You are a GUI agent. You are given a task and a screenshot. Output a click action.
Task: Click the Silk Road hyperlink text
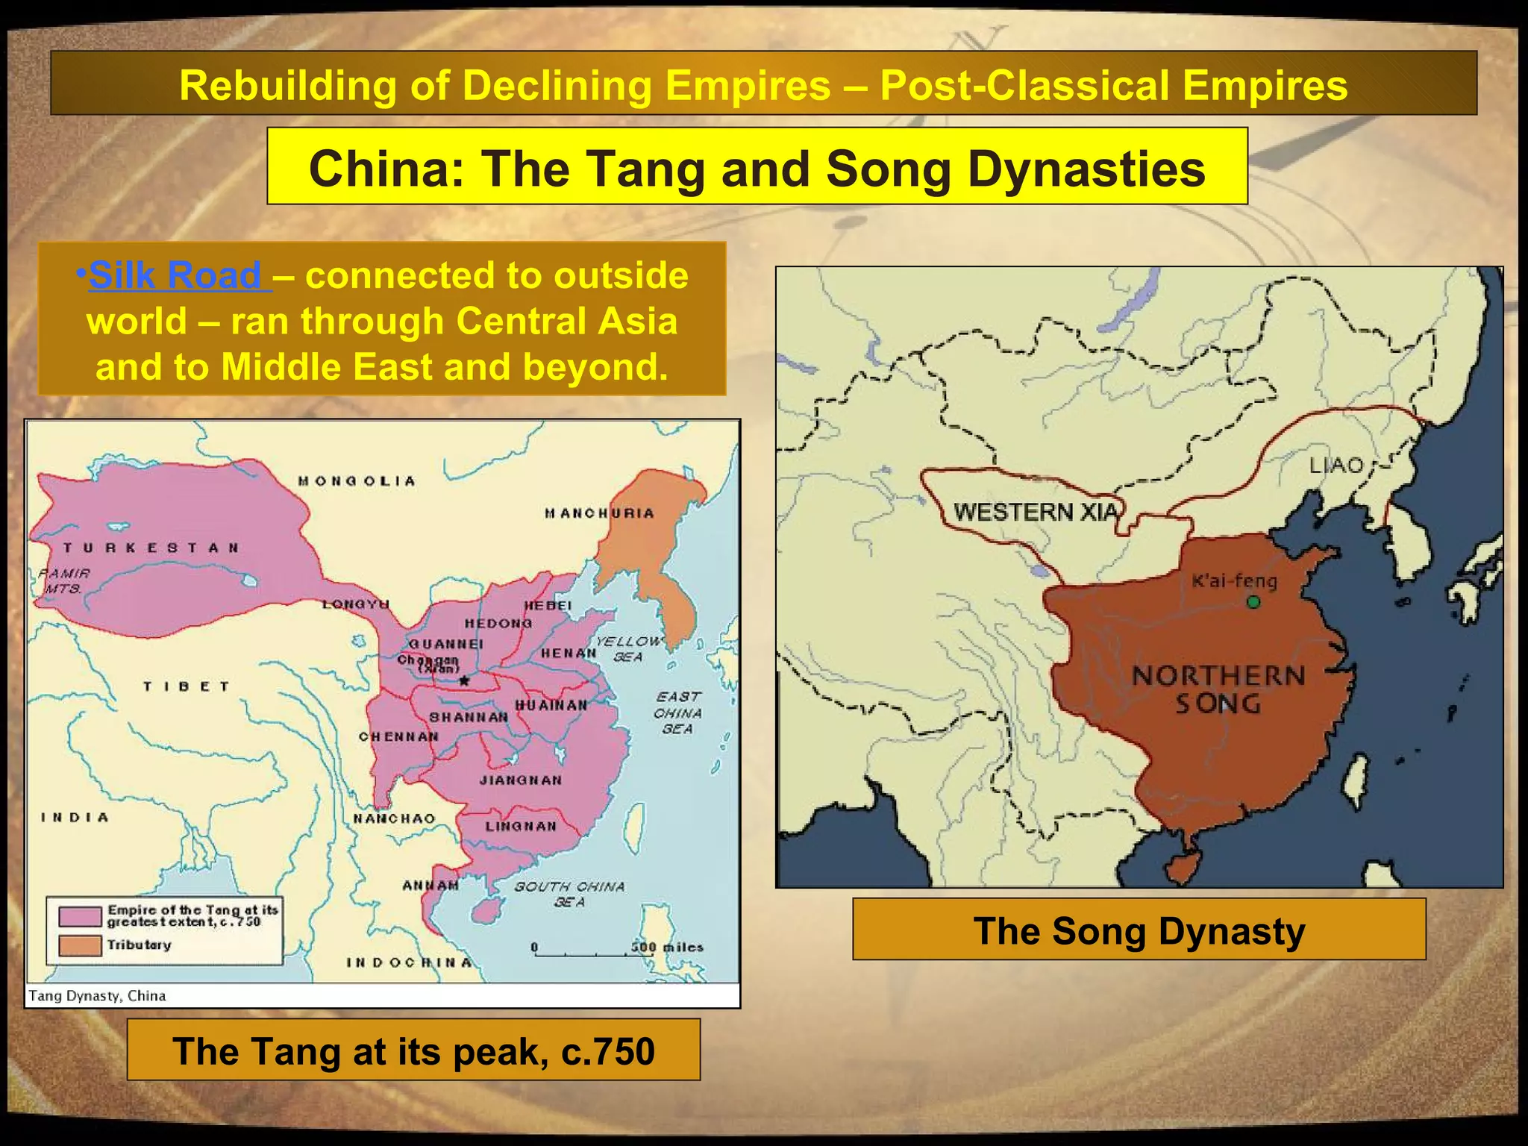[175, 275]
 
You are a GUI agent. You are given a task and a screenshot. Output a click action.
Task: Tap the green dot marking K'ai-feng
[1253, 601]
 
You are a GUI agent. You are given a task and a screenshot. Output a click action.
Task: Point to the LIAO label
[1337, 466]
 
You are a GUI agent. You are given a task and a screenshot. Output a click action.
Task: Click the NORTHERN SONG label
[1218, 689]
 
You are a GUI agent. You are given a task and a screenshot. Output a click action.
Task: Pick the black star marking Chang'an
[464, 680]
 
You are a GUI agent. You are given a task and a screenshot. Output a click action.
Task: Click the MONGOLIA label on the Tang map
[357, 481]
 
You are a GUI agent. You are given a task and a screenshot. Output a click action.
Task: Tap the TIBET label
[186, 686]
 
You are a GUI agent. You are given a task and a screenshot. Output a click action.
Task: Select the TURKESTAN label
[151, 548]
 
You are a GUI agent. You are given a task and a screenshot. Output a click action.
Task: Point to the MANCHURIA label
[599, 513]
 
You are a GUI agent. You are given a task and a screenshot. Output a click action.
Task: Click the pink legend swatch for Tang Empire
[80, 915]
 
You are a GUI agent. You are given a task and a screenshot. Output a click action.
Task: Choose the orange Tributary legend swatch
[80, 945]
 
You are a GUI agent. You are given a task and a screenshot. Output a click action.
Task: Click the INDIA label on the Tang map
[75, 818]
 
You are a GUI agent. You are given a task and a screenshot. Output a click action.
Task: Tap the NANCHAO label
[394, 818]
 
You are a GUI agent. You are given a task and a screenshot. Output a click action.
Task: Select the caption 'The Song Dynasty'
[1139, 930]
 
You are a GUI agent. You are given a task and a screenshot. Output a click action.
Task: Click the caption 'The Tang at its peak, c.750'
[413, 1050]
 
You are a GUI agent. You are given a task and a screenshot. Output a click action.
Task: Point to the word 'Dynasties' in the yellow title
[1086, 168]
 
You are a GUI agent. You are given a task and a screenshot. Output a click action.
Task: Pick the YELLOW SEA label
[629, 648]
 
